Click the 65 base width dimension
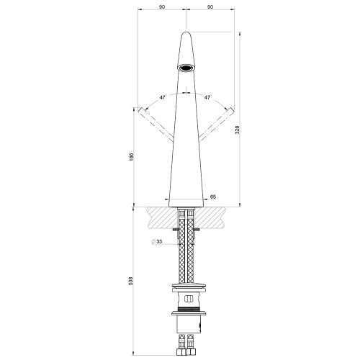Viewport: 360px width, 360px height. pos(212,196)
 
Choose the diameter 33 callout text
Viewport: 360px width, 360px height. pos(158,242)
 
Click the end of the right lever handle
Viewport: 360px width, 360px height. pos(232,109)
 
